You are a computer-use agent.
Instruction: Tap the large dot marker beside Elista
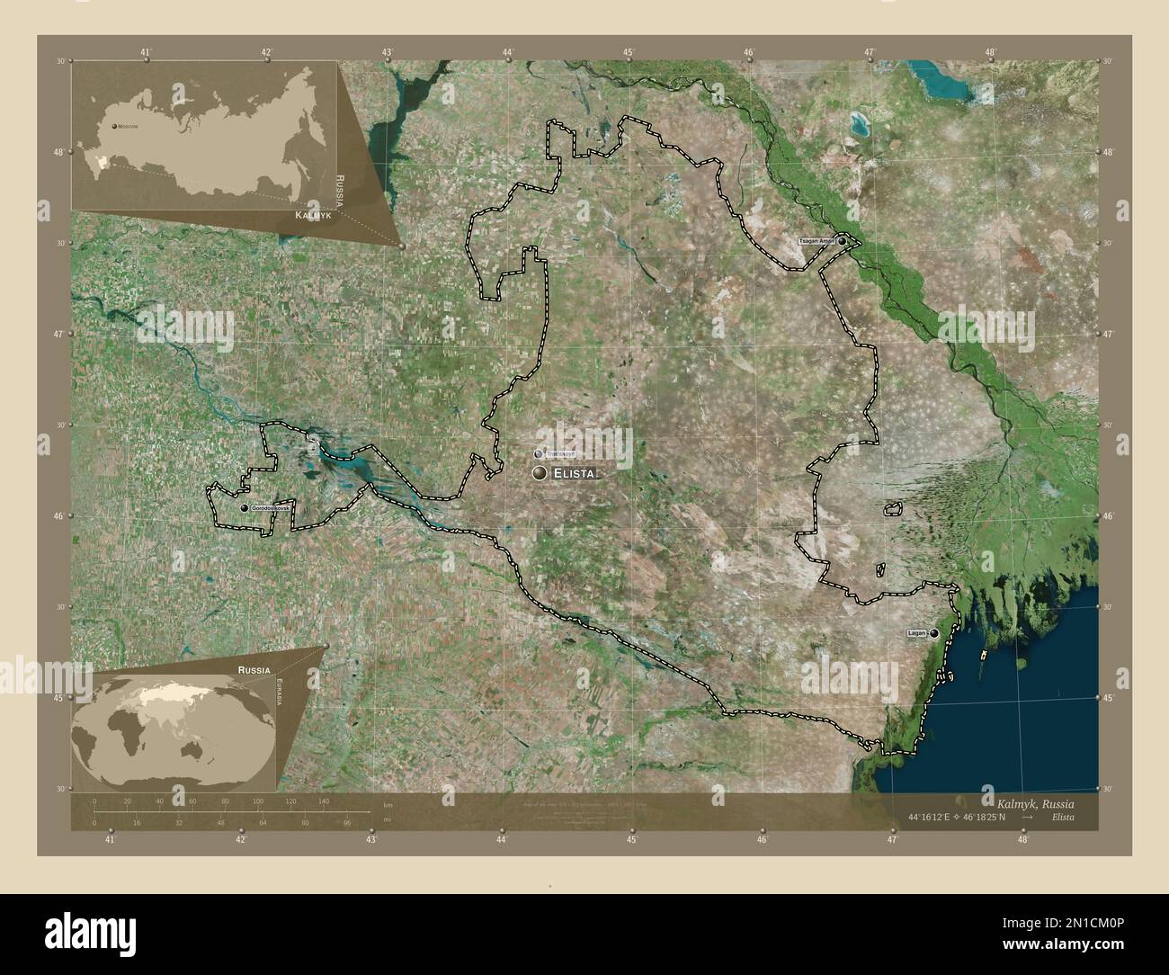point(540,473)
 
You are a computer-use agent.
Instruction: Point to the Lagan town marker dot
point(935,634)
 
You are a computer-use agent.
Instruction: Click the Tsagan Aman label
point(818,242)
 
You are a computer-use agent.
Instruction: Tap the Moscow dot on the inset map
point(114,127)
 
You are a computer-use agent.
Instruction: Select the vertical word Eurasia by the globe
point(280,693)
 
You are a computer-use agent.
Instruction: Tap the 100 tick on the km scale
point(258,801)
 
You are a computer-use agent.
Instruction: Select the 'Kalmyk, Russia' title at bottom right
point(1034,801)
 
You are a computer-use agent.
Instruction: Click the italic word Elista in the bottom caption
point(1060,818)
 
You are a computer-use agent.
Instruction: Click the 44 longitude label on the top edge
point(509,53)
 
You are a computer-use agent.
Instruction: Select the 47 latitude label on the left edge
point(58,335)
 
